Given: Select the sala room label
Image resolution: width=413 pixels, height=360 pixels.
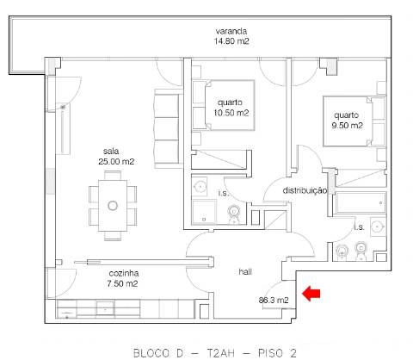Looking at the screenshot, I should [111, 149].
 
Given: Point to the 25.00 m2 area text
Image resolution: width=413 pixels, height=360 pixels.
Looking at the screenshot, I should [115, 160].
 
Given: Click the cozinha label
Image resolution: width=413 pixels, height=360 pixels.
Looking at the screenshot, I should [99, 273].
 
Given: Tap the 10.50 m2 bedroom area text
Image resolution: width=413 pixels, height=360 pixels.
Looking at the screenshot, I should [231, 113].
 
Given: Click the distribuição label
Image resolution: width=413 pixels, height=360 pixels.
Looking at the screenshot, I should [305, 190].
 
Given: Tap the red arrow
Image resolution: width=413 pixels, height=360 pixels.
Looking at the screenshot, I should [311, 295].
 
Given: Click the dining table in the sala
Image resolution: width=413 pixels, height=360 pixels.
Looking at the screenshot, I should [113, 204].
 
